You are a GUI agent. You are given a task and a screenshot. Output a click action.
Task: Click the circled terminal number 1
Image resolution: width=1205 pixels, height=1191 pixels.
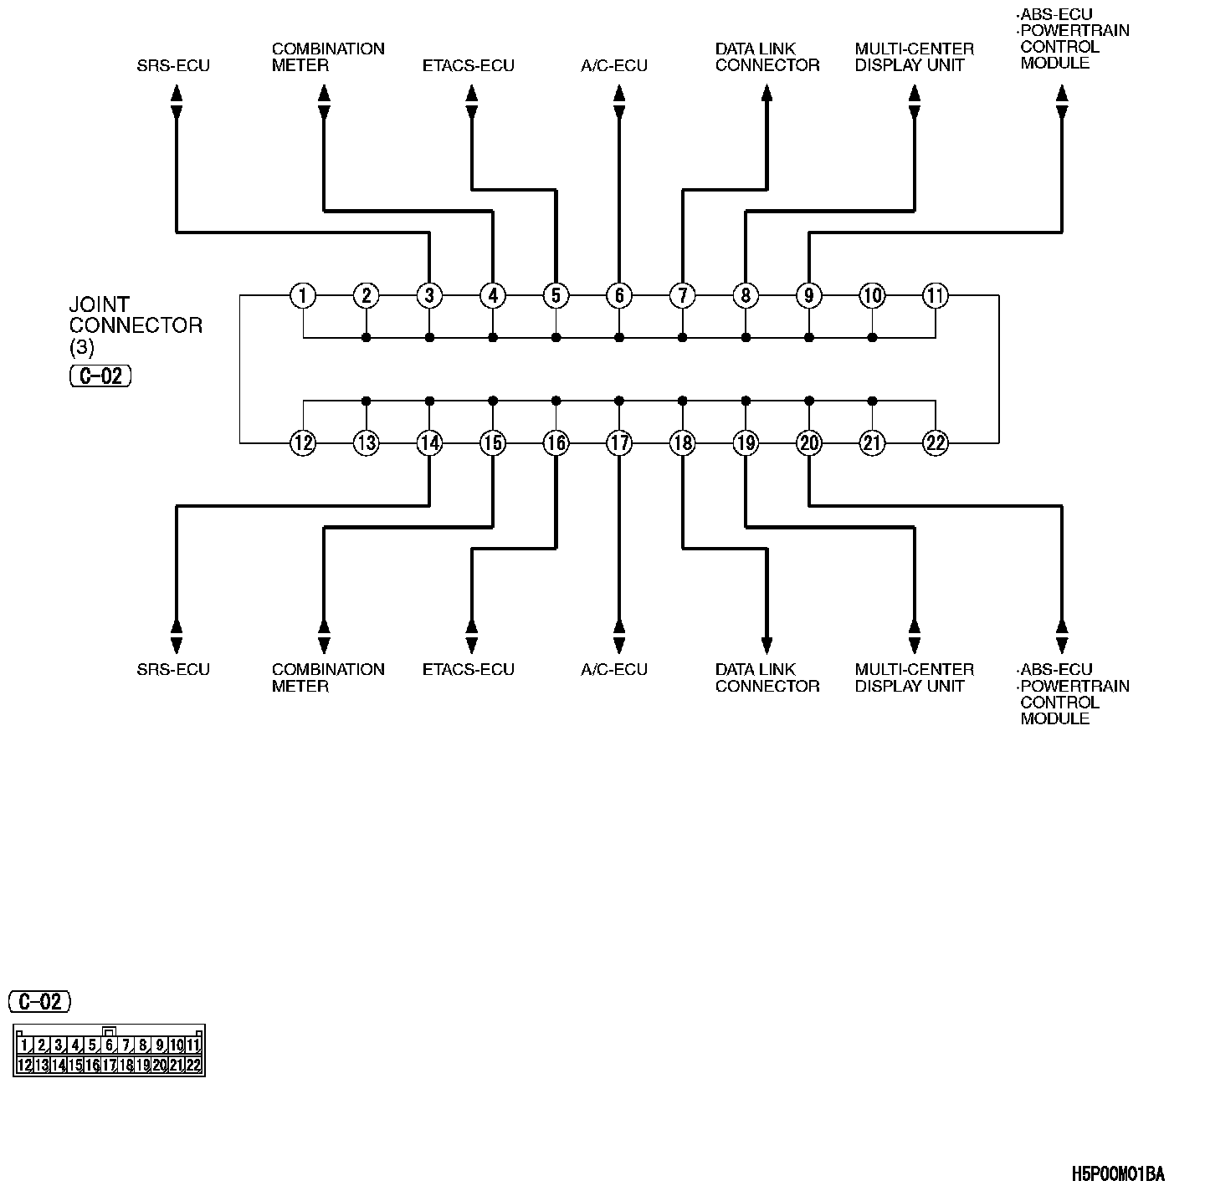[303, 295]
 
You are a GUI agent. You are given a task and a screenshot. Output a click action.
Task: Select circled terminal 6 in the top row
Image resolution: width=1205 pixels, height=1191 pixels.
[619, 295]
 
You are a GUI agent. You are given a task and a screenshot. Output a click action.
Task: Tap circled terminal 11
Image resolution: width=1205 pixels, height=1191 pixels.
[935, 295]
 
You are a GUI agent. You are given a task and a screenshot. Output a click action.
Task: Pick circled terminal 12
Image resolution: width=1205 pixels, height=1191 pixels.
[303, 442]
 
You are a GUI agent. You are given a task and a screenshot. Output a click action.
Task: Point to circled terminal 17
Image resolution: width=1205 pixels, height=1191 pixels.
[619, 442]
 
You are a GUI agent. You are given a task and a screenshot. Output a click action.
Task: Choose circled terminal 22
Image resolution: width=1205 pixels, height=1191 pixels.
[935, 442]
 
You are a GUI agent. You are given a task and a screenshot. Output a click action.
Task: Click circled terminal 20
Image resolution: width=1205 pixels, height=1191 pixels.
[808, 442]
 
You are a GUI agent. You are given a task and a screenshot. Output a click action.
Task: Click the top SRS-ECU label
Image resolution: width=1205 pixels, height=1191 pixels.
[173, 65]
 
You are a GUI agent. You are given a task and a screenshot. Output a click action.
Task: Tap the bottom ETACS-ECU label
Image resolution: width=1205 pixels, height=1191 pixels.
[468, 670]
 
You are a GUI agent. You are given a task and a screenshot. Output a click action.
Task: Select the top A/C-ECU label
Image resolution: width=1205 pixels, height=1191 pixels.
[614, 65]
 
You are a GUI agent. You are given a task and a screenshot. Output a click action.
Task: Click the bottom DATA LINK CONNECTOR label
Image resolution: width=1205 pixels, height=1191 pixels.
[767, 677]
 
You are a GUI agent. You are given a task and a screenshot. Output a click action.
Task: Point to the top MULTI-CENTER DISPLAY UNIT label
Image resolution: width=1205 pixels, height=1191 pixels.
[914, 57]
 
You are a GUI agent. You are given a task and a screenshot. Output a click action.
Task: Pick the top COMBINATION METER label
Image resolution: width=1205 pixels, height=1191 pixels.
[328, 57]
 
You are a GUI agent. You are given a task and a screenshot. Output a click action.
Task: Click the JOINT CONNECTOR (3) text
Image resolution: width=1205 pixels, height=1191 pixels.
[136, 325]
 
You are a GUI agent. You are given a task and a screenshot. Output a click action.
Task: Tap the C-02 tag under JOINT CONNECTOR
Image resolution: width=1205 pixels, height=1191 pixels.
[100, 376]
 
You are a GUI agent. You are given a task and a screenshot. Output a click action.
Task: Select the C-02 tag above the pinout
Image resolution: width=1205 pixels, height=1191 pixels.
[40, 1001]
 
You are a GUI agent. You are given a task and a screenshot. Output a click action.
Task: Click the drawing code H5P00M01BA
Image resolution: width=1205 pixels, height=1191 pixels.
[1118, 1174]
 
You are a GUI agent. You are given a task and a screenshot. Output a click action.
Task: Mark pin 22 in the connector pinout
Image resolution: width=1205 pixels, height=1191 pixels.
[193, 1065]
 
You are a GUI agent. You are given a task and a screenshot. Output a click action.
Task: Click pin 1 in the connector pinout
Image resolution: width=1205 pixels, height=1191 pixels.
[25, 1045]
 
